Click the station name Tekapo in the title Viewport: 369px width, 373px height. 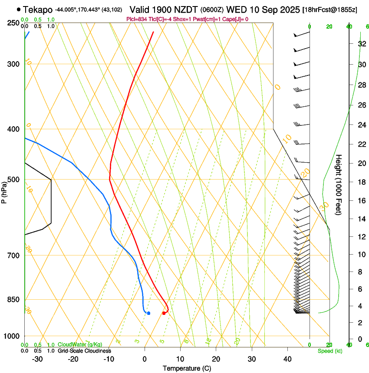click(x=38, y=9)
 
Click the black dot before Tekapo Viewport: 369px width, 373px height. click(x=19, y=9)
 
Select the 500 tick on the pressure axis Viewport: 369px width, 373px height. click(x=13, y=180)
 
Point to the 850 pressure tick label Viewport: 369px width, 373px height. click(x=13, y=300)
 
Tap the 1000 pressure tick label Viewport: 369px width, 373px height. click(x=12, y=336)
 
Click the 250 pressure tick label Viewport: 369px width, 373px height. click(x=13, y=23)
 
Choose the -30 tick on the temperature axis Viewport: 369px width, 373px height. click(x=37, y=359)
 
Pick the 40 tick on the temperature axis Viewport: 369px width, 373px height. click(x=287, y=359)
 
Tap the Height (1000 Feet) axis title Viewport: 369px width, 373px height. click(x=339, y=184)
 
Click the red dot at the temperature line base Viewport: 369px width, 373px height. click(x=164, y=313)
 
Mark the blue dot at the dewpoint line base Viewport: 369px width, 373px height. click(x=148, y=313)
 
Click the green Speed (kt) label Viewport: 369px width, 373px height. click(x=329, y=351)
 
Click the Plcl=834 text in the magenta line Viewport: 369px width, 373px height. click(x=137, y=19)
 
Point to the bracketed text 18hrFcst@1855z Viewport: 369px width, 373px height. click(x=330, y=10)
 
